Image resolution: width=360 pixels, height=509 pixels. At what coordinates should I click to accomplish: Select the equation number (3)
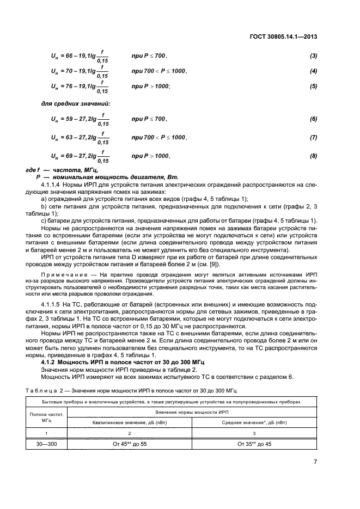313,56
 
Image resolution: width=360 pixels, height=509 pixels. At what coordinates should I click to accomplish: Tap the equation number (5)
313,86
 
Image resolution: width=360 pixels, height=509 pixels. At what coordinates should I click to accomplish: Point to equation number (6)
313,119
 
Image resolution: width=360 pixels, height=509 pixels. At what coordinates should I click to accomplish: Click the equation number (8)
313,156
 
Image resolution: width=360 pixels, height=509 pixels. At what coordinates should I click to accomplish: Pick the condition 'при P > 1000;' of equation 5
150,86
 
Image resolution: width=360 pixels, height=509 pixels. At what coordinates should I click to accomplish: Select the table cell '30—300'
46,444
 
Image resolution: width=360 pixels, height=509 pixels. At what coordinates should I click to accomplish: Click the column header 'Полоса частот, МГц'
46,418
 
